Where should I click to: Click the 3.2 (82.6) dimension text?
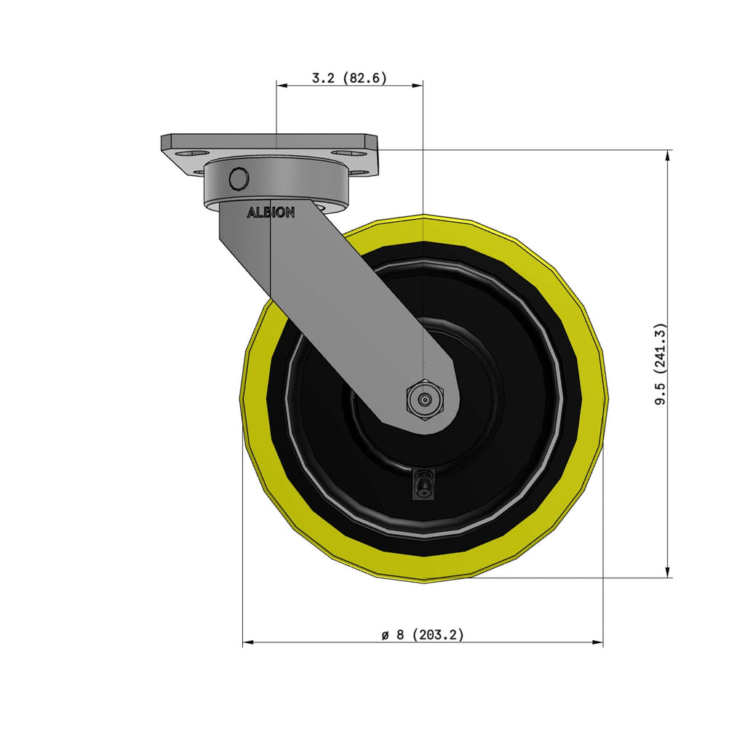(349, 78)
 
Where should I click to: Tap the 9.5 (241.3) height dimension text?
(661, 364)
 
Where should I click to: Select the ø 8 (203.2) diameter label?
(423, 634)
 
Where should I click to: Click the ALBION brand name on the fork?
(271, 213)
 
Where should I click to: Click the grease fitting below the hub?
(423, 484)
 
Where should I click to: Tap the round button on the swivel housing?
(239, 179)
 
